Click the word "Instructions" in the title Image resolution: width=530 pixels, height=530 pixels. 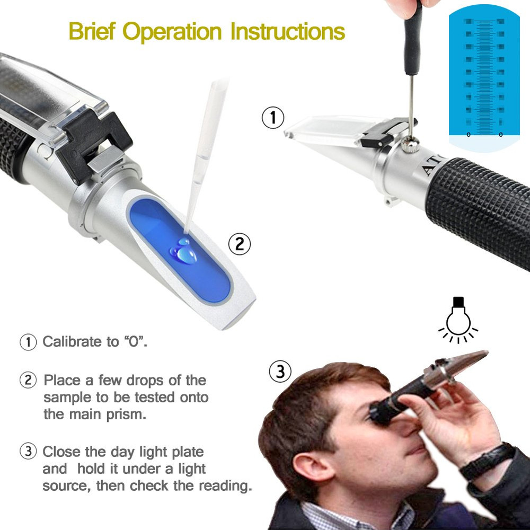[288, 31]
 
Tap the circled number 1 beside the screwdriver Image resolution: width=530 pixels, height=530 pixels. [273, 118]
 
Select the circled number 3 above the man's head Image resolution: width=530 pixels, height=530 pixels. [280, 372]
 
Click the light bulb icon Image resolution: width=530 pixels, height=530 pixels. [458, 319]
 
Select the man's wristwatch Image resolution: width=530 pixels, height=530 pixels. [485, 460]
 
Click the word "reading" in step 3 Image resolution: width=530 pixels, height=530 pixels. [225, 485]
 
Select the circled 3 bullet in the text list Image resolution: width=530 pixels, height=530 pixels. [28, 452]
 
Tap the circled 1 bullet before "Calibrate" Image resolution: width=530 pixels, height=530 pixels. [28, 342]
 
